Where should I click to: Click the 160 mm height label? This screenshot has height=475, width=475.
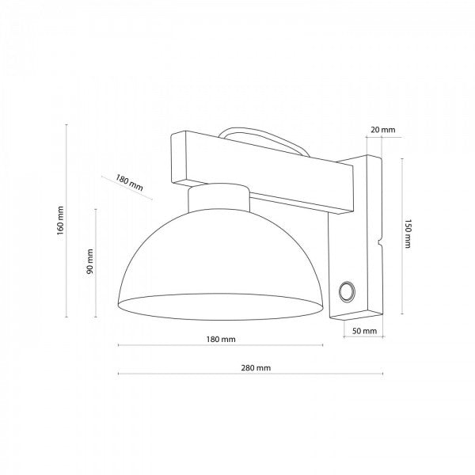click(x=61, y=220)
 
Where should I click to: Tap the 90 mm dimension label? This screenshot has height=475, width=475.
click(x=89, y=261)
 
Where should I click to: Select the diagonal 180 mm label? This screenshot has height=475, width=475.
click(x=129, y=183)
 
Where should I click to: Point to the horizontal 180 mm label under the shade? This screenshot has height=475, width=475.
click(x=221, y=340)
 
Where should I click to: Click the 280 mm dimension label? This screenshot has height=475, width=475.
click(x=256, y=368)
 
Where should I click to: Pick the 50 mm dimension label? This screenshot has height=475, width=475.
click(x=365, y=331)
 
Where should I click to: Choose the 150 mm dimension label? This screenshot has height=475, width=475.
click(x=408, y=234)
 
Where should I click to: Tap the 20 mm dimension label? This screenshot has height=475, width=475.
click(x=383, y=130)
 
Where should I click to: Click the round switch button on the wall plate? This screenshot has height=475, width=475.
click(x=347, y=292)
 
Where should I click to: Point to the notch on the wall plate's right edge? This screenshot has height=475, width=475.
click(x=380, y=241)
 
